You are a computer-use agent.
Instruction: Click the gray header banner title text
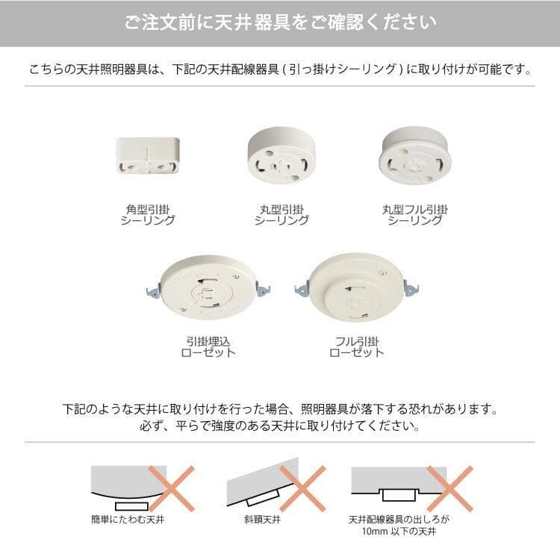[x=280, y=22]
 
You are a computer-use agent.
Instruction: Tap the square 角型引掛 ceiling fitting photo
[x=148, y=155]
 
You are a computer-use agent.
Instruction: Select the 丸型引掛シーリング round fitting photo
[x=281, y=155]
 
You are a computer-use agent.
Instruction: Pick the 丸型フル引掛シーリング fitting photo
[x=415, y=155]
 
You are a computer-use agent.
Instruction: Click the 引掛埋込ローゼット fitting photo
[x=208, y=287]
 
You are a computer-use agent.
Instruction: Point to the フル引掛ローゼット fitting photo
[x=357, y=287]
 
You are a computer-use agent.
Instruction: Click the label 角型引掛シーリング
[x=148, y=215]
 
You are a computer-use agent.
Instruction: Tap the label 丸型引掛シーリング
[x=281, y=215]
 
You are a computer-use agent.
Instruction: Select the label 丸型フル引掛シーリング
[x=415, y=215]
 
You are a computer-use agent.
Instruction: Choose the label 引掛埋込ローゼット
[x=208, y=347]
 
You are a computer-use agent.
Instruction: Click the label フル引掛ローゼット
[x=357, y=347]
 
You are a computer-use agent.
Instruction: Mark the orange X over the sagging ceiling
[x=172, y=488]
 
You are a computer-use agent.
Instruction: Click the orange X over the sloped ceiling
[x=303, y=488]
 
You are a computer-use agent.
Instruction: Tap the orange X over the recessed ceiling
[x=450, y=488]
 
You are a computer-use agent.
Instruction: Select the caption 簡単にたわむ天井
[x=128, y=519]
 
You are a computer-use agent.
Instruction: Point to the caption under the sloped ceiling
[x=263, y=519]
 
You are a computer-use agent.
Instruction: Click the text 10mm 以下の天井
[x=399, y=532]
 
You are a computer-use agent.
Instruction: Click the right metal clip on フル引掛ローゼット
[x=411, y=288]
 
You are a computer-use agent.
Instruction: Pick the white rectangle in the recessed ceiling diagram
[x=399, y=495]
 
